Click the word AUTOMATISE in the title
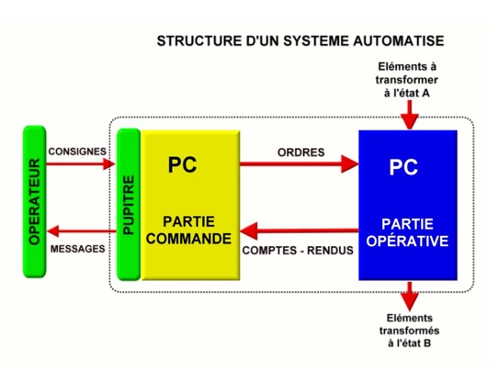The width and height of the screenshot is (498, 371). (x=399, y=41)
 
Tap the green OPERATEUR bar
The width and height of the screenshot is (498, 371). (x=35, y=202)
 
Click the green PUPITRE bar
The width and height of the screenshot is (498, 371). (x=129, y=205)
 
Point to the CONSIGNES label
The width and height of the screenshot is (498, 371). (x=77, y=152)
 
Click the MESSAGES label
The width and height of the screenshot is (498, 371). (x=78, y=249)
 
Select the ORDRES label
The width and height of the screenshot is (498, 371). (x=301, y=152)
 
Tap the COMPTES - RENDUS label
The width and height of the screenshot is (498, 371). (x=298, y=251)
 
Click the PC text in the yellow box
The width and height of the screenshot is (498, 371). (x=182, y=164)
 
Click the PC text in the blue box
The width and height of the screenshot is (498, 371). (x=403, y=167)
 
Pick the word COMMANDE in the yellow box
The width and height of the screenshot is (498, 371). (x=188, y=239)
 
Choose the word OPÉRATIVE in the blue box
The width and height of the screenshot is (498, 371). (x=407, y=241)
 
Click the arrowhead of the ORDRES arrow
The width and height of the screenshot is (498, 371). (x=350, y=164)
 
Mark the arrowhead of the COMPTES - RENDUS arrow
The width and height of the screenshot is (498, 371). (x=249, y=230)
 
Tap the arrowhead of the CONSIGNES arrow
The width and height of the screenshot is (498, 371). (x=109, y=163)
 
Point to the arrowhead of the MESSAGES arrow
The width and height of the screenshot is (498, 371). (x=53, y=230)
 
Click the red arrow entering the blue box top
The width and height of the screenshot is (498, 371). (x=410, y=115)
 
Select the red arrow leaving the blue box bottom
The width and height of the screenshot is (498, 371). (x=410, y=297)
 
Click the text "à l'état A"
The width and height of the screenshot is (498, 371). (x=407, y=94)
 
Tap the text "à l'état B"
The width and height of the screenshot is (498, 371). (x=410, y=343)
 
